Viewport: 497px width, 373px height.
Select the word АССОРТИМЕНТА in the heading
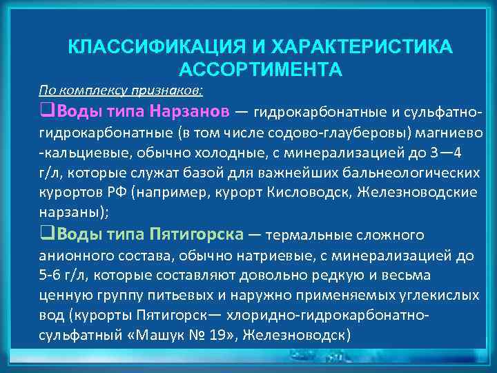tap(260, 70)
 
